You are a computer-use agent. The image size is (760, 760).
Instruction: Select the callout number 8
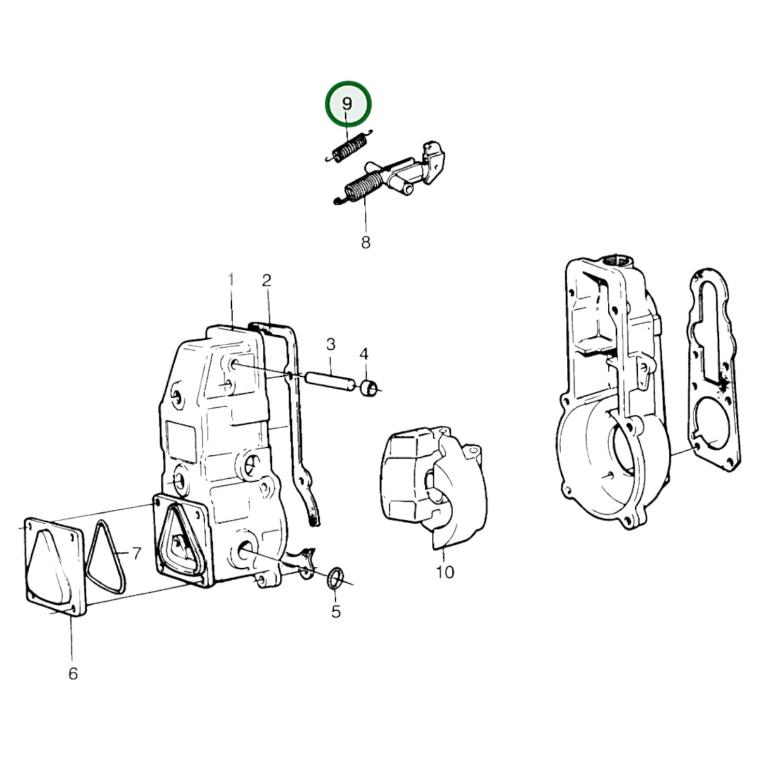point(365,242)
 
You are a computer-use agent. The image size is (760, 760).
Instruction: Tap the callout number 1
point(231,280)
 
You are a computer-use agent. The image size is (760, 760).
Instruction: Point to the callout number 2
point(267,281)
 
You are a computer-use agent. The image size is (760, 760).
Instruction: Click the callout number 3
point(331,345)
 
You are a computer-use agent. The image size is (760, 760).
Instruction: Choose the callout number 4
point(364,354)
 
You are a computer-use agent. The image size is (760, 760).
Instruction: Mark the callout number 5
point(336,611)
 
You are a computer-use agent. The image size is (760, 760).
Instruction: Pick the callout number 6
point(73,674)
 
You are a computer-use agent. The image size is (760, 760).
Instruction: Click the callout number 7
point(136,554)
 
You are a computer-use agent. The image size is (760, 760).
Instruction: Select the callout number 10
point(445,572)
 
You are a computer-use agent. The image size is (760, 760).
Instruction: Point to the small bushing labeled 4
point(369,388)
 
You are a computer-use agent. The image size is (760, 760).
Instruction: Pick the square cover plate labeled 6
point(55,566)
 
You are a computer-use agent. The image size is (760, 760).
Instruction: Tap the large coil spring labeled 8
point(361,187)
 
